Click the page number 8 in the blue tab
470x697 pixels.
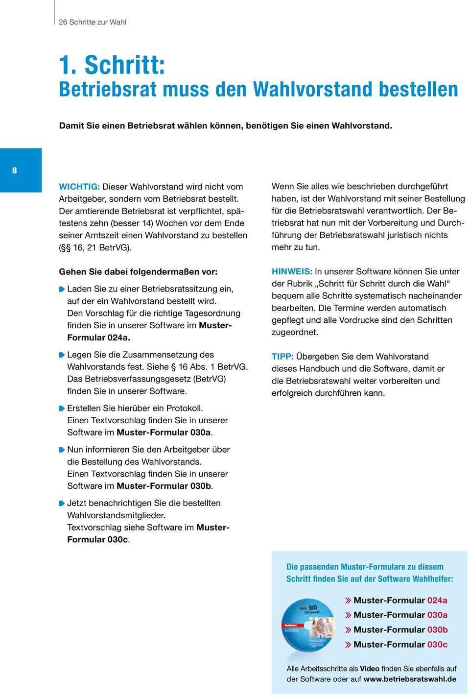(x=15, y=170)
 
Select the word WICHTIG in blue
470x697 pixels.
(x=79, y=187)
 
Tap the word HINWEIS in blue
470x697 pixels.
(x=292, y=271)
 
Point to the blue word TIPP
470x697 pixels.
(x=282, y=357)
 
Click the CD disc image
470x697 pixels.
(x=307, y=625)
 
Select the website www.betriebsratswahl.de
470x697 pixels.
(x=410, y=679)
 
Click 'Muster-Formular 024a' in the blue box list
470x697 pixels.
(x=400, y=600)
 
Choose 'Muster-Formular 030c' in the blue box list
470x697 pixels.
(x=400, y=644)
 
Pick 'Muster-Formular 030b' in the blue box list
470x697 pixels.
(x=400, y=629)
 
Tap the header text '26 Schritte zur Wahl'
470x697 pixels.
(x=93, y=22)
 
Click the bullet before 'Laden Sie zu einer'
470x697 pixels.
(x=62, y=289)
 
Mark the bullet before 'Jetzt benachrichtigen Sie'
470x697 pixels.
(x=62, y=503)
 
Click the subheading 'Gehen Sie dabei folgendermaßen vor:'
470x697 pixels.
(x=138, y=271)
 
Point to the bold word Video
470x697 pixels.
(x=370, y=669)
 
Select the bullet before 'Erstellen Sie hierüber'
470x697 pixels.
(x=62, y=408)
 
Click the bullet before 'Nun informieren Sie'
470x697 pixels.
(x=62, y=450)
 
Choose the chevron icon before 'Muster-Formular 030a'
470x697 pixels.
(x=348, y=615)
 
